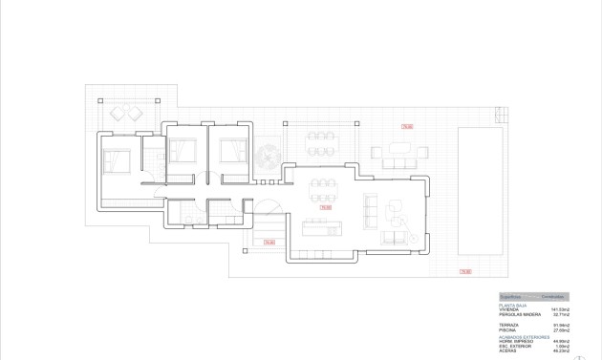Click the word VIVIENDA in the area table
tap(508, 309)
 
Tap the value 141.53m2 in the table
tap(560, 309)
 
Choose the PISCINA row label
tap(507, 329)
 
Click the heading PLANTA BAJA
tap(513, 305)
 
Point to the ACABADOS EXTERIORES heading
tap(524, 336)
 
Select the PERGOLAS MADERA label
tap(517, 314)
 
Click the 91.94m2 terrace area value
tap(560, 325)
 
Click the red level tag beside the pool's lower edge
tap(464, 271)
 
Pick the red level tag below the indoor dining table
tap(325, 206)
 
